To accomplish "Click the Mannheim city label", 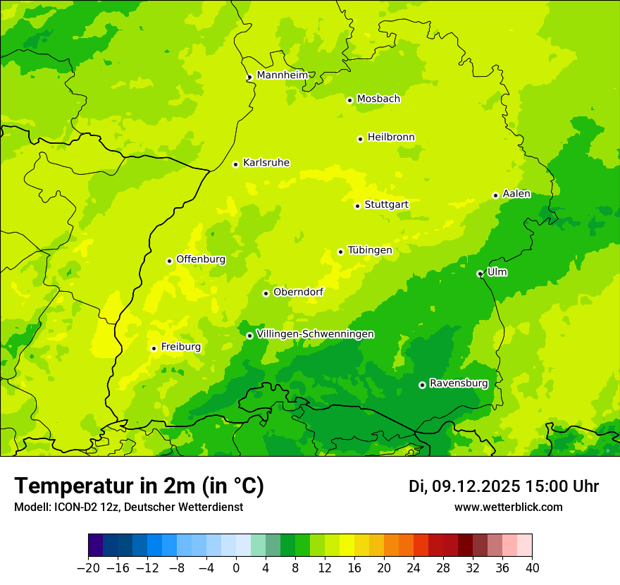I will click(282, 75).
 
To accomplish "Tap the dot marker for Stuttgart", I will click(357, 206).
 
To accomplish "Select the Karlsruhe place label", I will click(266, 163).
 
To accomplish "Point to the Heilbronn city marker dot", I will click(360, 139).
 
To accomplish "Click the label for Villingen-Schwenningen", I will click(315, 334).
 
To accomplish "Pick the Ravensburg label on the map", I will click(458, 383).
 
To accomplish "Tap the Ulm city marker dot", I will click(480, 273).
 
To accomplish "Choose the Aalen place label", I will click(516, 194).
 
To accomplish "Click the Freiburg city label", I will click(180, 347).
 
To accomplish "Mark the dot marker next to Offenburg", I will click(169, 261).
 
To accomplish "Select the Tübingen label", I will click(369, 250).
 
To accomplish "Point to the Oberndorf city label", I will click(298, 292).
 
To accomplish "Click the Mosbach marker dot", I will click(349, 100).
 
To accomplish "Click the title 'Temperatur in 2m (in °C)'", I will click(139, 486).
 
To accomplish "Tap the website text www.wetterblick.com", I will click(508, 507).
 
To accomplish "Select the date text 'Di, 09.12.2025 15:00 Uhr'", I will click(503, 486).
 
